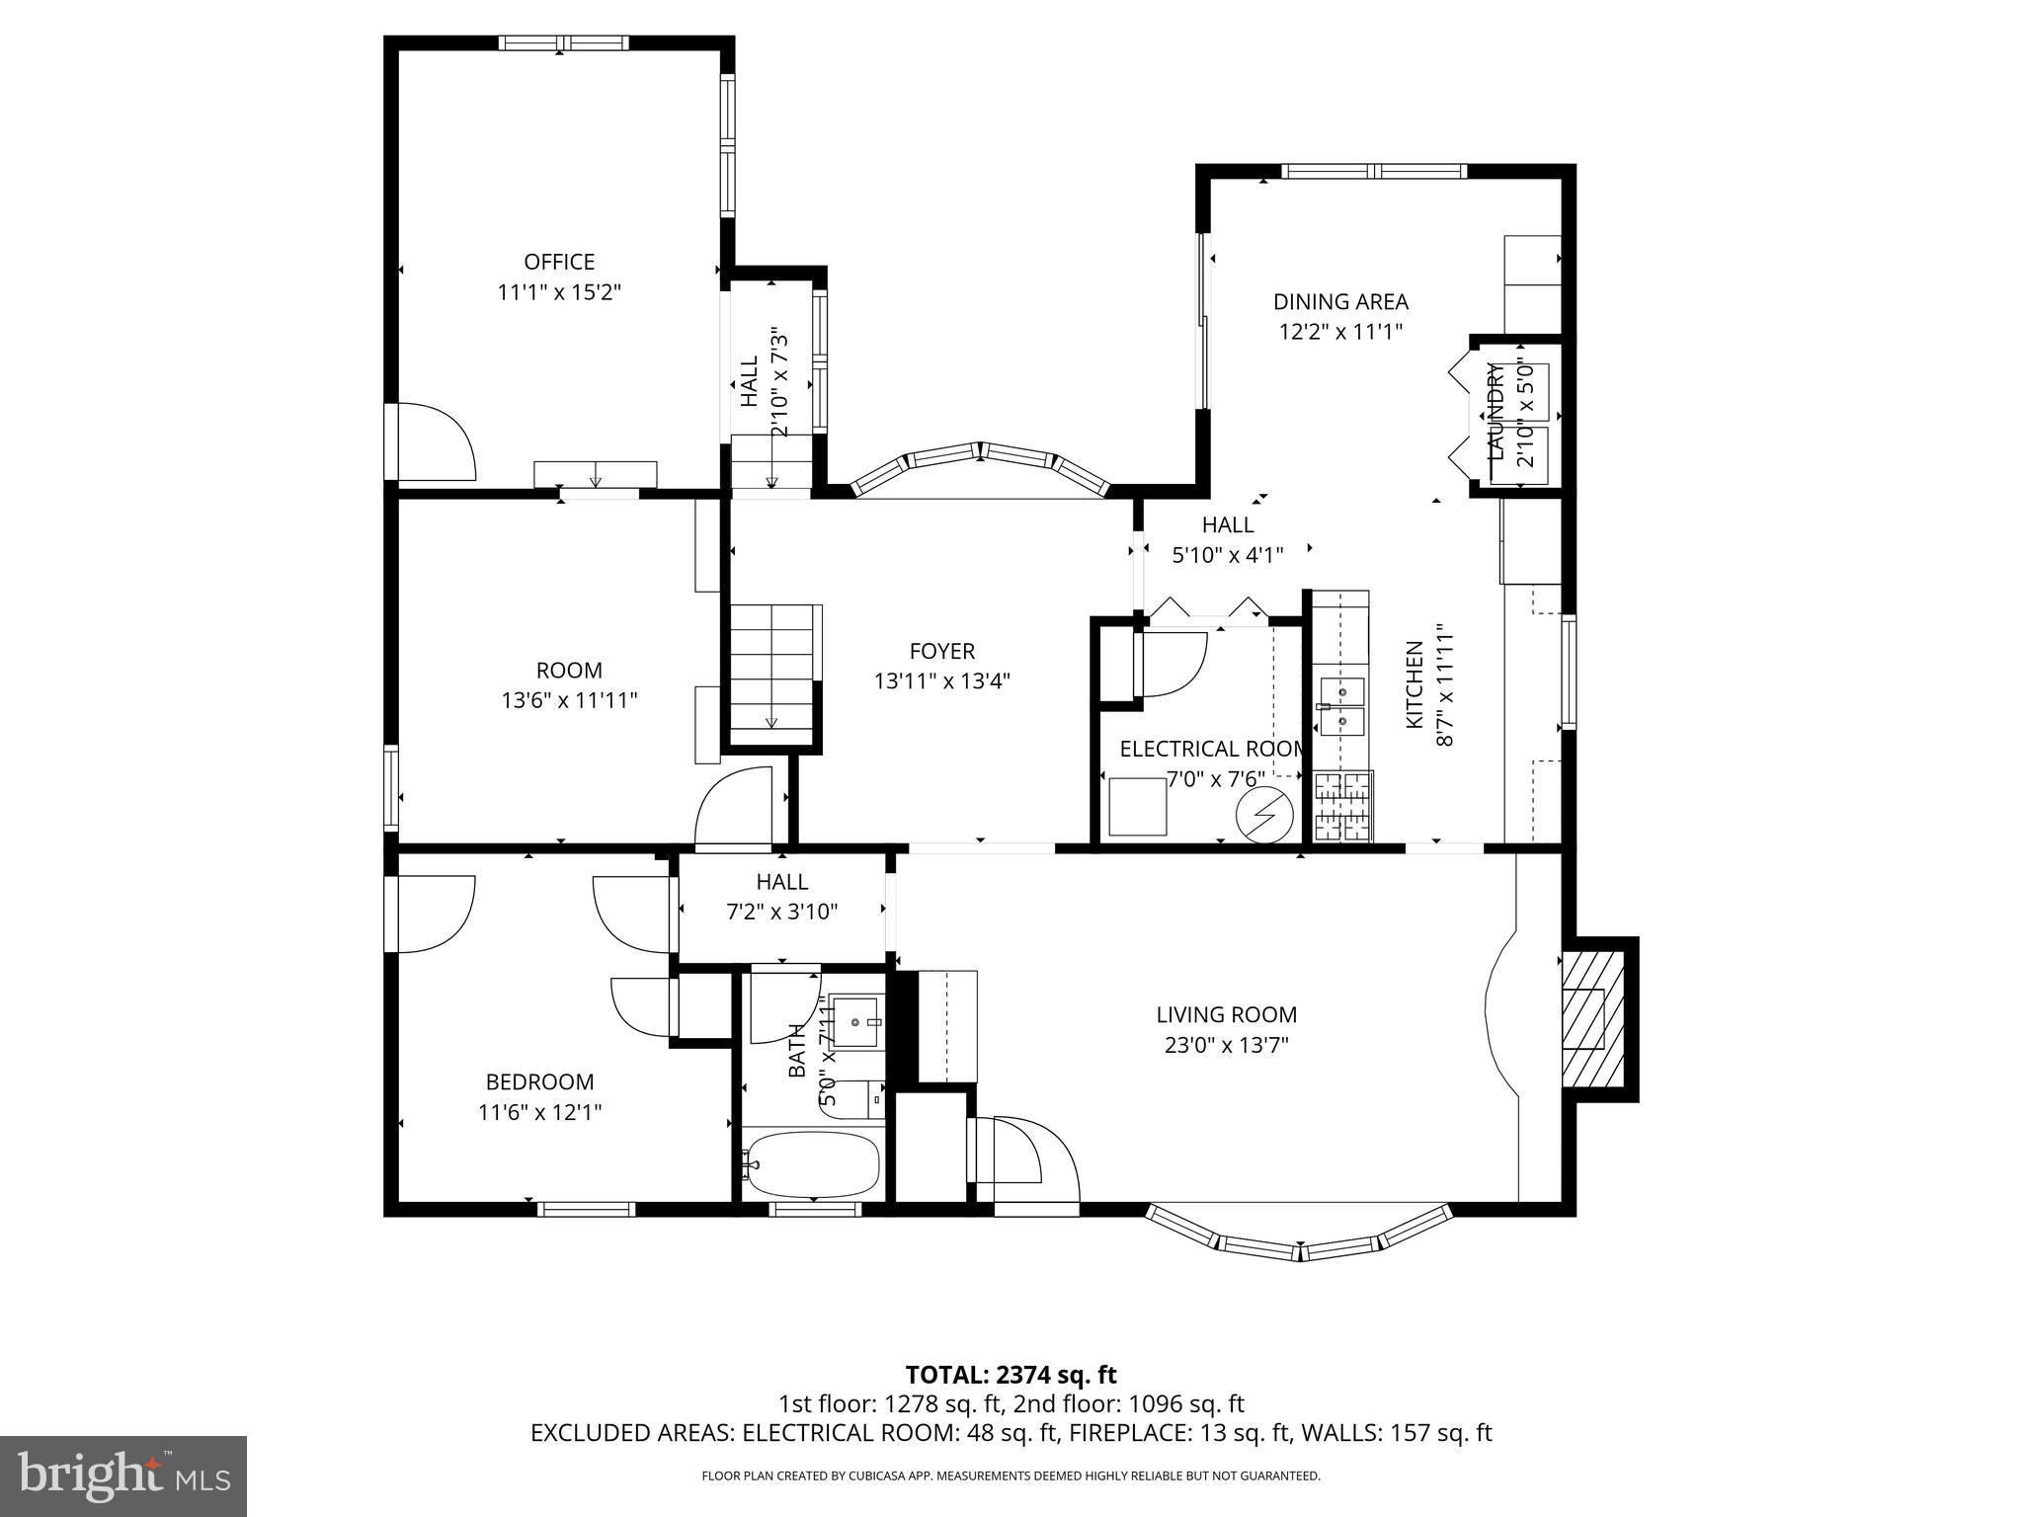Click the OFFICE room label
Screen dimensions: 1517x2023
point(559,262)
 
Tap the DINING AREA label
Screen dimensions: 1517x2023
point(1339,302)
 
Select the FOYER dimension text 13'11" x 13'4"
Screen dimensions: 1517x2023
point(941,681)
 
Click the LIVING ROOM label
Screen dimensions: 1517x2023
point(1226,1014)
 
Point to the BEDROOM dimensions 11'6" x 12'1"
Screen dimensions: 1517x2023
point(539,1112)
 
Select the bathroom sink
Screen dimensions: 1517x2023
point(855,1021)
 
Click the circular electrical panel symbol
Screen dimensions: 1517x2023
point(1265,814)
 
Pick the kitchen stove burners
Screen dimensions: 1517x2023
point(1342,806)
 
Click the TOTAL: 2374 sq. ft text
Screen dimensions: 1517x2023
point(1011,1375)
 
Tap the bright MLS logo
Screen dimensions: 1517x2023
point(123,1477)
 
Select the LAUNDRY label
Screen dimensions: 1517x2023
point(1497,412)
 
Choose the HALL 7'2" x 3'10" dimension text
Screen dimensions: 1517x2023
point(781,912)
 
